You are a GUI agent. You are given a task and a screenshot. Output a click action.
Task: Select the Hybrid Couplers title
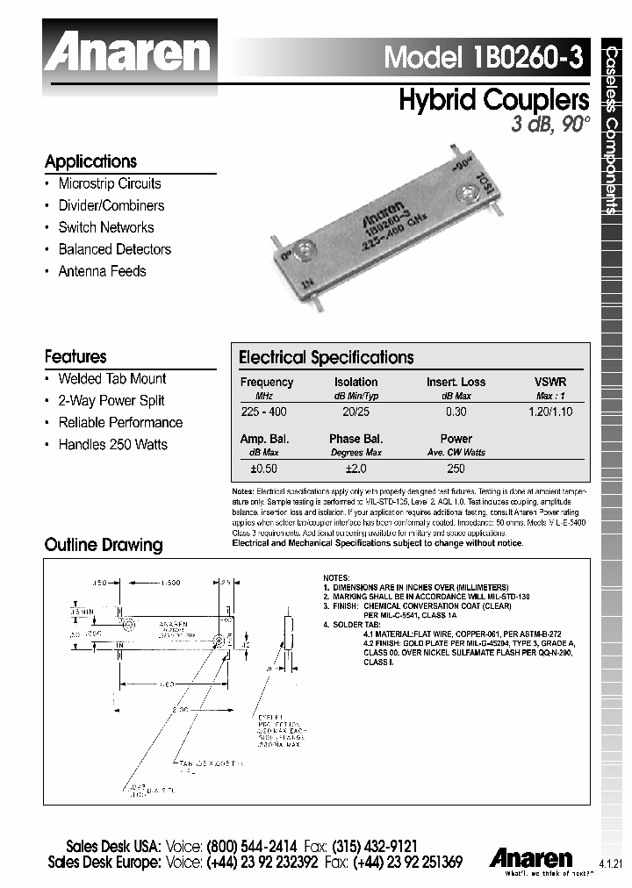(493, 99)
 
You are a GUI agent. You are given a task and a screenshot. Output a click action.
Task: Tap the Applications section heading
(91, 161)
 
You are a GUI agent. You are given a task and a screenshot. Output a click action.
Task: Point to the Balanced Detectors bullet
(114, 249)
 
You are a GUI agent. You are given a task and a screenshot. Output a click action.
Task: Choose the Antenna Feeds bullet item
(102, 271)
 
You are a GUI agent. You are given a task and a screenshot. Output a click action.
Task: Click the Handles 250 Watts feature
(112, 444)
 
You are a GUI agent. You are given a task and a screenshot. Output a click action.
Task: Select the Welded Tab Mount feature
(111, 378)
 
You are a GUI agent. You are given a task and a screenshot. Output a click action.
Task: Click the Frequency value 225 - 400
(263, 411)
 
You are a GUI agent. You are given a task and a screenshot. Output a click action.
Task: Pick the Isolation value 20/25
(355, 411)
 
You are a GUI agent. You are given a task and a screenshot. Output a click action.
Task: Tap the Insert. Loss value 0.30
(456, 411)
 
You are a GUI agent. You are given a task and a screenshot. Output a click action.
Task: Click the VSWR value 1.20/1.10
(550, 411)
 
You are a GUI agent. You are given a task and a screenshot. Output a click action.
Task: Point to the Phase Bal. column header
(355, 439)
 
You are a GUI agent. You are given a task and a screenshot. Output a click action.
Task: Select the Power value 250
(456, 469)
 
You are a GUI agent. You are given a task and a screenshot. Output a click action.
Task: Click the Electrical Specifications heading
(326, 358)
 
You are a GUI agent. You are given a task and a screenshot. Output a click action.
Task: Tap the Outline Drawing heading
(104, 545)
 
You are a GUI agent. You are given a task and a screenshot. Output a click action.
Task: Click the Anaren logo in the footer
(531, 857)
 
